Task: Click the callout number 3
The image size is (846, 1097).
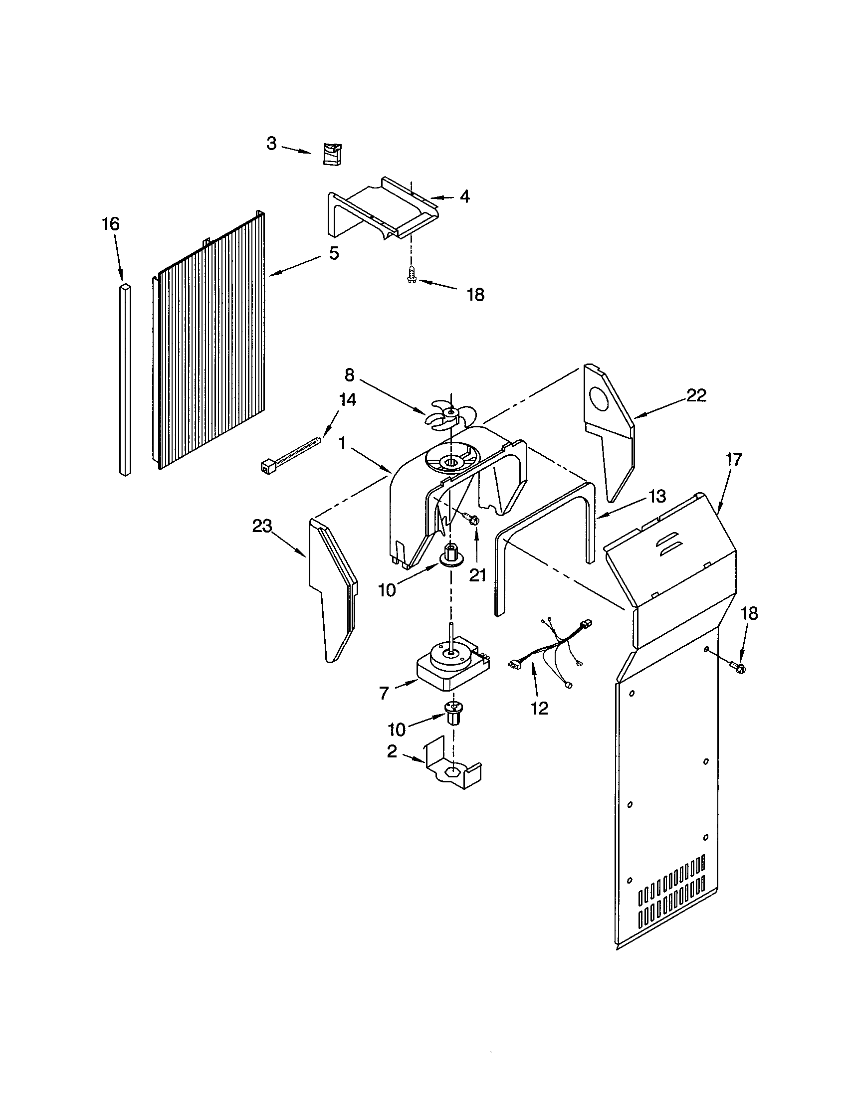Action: point(271,144)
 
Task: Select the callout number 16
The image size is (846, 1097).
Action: point(111,224)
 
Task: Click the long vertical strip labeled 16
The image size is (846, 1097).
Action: point(125,379)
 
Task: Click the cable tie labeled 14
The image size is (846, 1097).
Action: point(291,454)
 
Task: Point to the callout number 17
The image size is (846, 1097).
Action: point(733,460)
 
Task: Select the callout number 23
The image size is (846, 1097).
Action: point(262,526)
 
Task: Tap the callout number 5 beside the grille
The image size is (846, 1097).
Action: point(334,253)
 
